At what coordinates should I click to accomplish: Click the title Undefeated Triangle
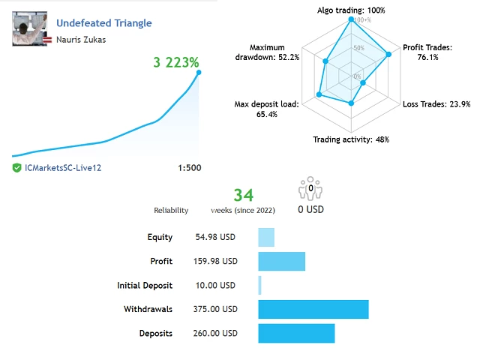[103, 23]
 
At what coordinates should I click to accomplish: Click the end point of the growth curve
[198, 73]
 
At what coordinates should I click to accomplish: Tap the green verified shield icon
[16, 168]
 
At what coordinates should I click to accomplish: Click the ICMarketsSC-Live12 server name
[62, 168]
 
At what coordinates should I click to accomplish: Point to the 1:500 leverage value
[190, 168]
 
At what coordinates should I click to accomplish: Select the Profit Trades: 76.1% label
[427, 52]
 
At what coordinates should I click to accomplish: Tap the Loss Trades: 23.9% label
[436, 104]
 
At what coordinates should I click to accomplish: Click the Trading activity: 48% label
[350, 139]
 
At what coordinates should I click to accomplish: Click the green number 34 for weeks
[243, 196]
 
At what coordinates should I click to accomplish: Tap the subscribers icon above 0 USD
[310, 188]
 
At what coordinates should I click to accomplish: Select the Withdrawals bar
[313, 309]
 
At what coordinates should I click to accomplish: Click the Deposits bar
[296, 333]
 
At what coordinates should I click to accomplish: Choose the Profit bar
[281, 261]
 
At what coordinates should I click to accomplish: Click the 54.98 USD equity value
[216, 237]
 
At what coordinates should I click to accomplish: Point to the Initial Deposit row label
[145, 285]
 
